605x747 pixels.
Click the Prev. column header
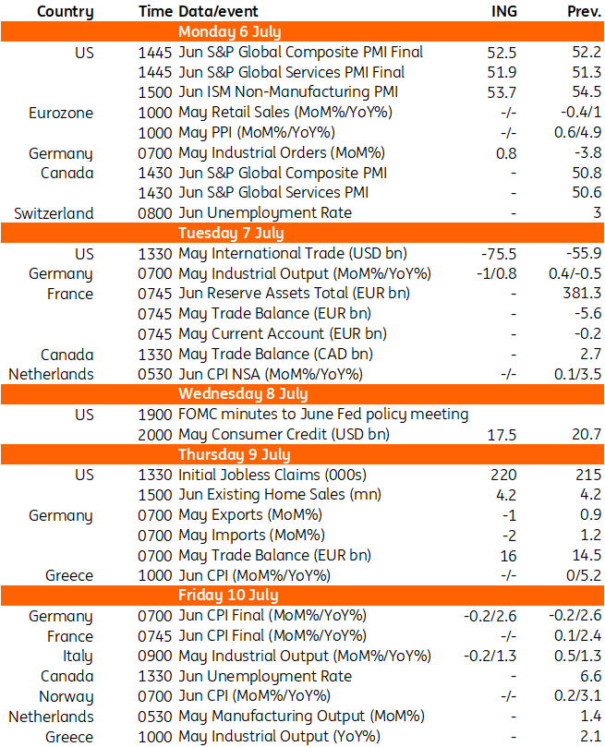point(584,11)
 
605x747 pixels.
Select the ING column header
point(504,11)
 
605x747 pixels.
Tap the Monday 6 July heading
point(230,31)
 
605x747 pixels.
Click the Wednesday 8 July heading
point(243,393)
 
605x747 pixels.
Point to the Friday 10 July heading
point(228,595)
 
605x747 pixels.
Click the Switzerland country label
point(54,213)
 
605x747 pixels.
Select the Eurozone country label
point(61,113)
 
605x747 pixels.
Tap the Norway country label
point(66,696)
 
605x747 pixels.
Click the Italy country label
point(78,656)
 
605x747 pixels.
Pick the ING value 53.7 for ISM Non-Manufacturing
point(502,92)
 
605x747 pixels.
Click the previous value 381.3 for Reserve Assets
point(582,293)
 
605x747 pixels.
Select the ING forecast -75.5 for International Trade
point(499,253)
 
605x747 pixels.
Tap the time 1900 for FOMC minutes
point(155,415)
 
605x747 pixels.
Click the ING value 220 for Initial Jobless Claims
point(503,475)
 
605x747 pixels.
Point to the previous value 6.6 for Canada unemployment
point(591,676)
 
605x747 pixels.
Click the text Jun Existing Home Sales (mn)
point(280,495)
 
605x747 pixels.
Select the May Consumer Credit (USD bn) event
point(284,435)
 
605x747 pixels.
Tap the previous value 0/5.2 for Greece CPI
point(584,575)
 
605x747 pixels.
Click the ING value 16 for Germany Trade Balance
point(508,556)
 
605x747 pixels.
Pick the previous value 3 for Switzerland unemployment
point(598,212)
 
